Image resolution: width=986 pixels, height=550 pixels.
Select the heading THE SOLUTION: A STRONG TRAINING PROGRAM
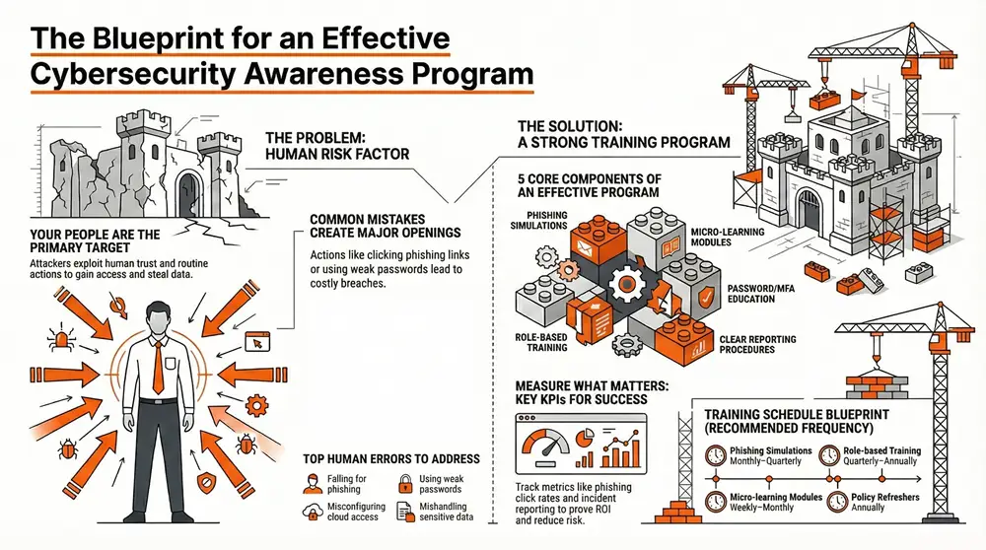[x=623, y=134]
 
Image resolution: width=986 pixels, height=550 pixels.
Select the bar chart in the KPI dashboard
[x=620, y=450]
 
